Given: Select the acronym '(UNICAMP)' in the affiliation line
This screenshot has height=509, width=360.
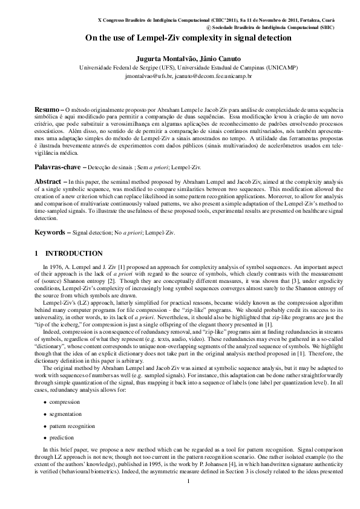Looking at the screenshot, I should pos(280,68).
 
